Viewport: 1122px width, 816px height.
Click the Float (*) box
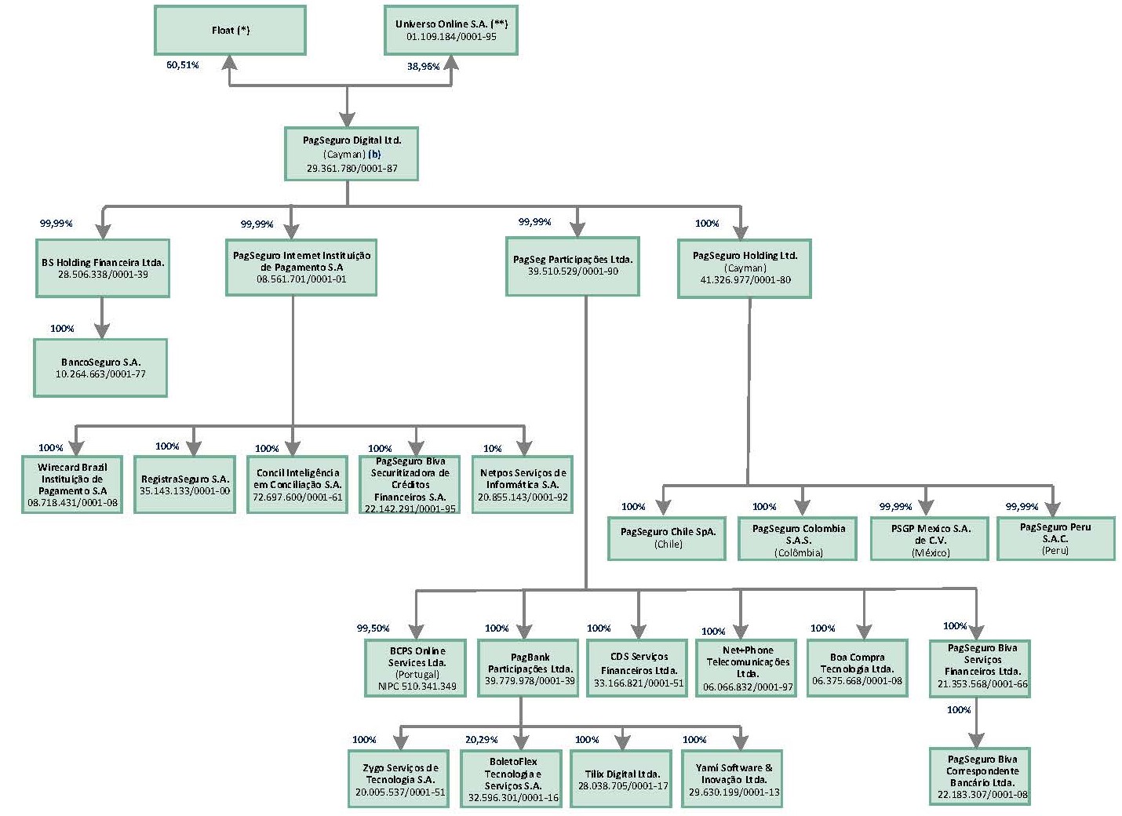(230, 31)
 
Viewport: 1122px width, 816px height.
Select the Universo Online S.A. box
(451, 31)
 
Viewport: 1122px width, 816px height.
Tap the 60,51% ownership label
(182, 65)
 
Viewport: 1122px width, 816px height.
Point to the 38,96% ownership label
(423, 67)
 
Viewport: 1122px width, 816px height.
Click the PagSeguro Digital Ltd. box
(352, 154)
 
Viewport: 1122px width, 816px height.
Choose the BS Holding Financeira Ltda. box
(103, 268)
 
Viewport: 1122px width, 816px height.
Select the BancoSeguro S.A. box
(100, 368)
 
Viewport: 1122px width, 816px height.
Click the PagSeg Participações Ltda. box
(573, 265)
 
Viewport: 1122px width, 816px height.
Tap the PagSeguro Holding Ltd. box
(745, 268)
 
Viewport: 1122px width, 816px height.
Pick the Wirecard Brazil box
(72, 484)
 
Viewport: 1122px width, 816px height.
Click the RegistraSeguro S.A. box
(185, 484)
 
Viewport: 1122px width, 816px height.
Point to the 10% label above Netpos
(492, 449)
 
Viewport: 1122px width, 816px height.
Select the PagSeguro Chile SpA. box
(668, 537)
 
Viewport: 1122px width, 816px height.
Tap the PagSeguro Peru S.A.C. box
(1055, 538)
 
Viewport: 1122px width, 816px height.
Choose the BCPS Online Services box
(417, 668)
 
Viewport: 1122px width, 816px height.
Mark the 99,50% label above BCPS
(373, 628)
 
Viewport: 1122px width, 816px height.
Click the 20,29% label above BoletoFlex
(481, 740)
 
